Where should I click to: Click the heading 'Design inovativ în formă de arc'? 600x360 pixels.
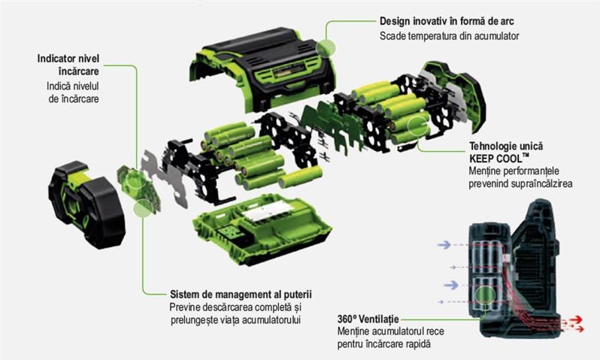447,22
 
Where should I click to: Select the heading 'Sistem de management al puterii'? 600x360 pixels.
241,294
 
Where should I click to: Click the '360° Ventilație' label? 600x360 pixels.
368,319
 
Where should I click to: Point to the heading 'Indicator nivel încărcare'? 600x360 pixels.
68,65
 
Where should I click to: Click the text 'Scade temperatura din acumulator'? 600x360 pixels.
449,36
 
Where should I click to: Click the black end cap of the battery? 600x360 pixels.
86,204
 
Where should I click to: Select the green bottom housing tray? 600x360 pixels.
262,228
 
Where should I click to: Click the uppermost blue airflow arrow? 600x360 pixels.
444,244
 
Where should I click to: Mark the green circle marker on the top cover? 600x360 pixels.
326,48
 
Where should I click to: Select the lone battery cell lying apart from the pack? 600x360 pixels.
301,177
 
